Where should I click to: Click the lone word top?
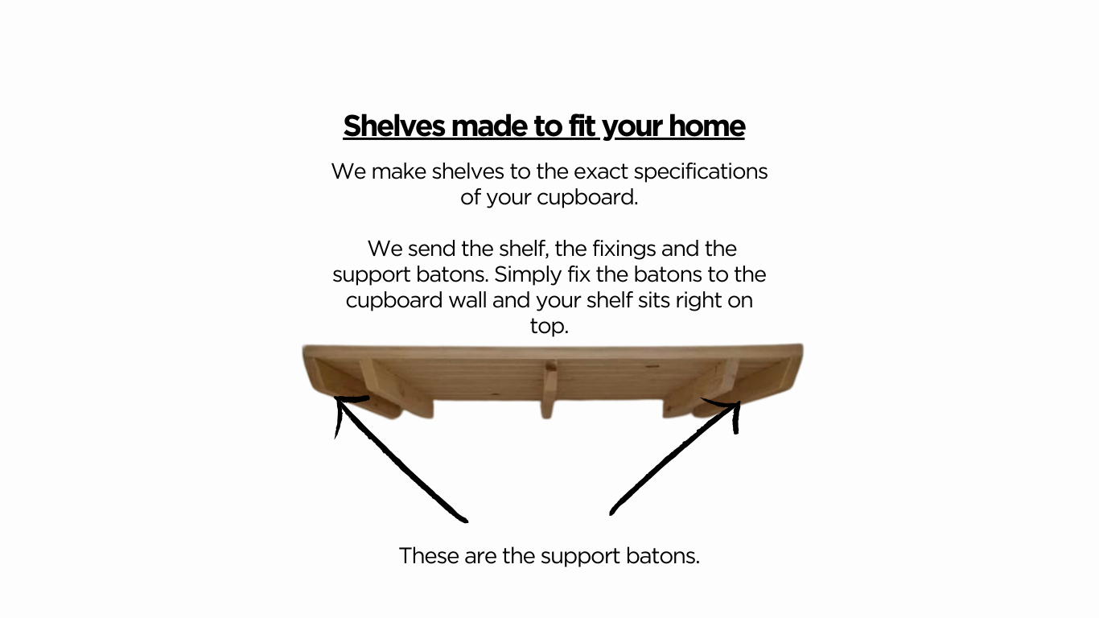(x=549, y=327)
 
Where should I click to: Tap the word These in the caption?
(x=429, y=556)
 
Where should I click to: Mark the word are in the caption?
(x=480, y=556)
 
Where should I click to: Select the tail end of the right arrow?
(x=613, y=510)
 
